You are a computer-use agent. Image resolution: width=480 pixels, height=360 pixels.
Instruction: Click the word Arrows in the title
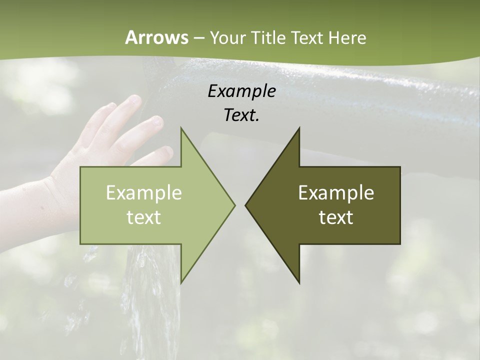pyautogui.click(x=156, y=37)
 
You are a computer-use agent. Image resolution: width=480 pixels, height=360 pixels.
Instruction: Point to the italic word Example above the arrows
pyautogui.click(x=242, y=91)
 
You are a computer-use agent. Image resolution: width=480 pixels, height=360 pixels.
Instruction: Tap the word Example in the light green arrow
pyautogui.click(x=143, y=192)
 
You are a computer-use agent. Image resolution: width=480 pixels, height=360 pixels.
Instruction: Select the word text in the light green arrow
pyautogui.click(x=143, y=217)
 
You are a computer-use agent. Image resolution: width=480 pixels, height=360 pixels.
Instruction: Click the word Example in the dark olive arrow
pyautogui.click(x=336, y=192)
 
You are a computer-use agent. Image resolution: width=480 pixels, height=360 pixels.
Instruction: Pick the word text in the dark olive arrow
pyautogui.click(x=336, y=217)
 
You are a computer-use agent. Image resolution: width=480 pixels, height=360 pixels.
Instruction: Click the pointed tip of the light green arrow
pyautogui.click(x=234, y=205)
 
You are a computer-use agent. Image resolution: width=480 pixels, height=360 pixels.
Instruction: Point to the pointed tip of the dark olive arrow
pyautogui.click(x=246, y=205)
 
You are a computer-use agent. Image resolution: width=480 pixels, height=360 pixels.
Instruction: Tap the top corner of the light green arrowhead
pyautogui.click(x=181, y=128)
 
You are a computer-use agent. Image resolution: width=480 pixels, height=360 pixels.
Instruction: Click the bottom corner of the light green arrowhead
pyautogui.click(x=181, y=282)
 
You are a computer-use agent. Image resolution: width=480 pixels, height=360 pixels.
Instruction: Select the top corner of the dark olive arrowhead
pyautogui.click(x=299, y=128)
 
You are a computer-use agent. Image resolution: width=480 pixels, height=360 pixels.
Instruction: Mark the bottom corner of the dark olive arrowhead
pyautogui.click(x=299, y=282)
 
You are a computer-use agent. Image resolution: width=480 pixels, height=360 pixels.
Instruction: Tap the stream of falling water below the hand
pyautogui.click(x=150, y=300)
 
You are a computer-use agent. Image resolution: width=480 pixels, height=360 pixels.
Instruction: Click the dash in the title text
pyautogui.click(x=198, y=38)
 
